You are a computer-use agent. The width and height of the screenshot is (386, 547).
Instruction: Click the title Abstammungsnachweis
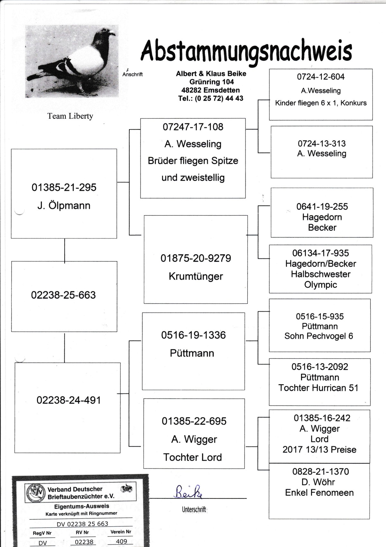pyautogui.click(x=246, y=51)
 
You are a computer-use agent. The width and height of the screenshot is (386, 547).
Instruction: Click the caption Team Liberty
pyautogui.click(x=70, y=116)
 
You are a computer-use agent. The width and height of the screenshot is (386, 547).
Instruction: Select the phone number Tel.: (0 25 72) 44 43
pyautogui.click(x=211, y=98)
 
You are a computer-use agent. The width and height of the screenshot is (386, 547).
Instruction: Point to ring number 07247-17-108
pyautogui.click(x=193, y=127)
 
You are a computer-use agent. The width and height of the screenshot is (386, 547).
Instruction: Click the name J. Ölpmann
pyautogui.click(x=64, y=206)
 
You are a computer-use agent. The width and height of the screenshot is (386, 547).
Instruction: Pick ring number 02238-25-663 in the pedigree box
pyautogui.click(x=63, y=295)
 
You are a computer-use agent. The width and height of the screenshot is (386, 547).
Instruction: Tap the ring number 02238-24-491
pyautogui.click(x=69, y=400)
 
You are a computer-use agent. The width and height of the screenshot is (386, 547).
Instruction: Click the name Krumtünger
pyautogui.click(x=196, y=276)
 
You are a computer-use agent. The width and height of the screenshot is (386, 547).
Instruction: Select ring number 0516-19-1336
pyautogui.click(x=193, y=335)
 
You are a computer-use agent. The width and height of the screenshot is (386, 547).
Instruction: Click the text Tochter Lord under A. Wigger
pyautogui.click(x=192, y=457)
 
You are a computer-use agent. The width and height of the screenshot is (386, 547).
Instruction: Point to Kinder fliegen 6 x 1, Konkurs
pyautogui.click(x=321, y=103)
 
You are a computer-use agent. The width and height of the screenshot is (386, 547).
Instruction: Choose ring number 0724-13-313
pyautogui.click(x=322, y=144)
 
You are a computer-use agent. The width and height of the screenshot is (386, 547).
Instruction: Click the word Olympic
pyautogui.click(x=320, y=285)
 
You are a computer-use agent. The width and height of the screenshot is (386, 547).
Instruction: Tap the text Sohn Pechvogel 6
pyautogui.click(x=318, y=336)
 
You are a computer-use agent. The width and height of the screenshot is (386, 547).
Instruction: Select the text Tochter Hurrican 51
pyautogui.click(x=318, y=388)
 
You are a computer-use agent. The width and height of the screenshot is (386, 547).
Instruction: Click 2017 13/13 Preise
pyautogui.click(x=319, y=450)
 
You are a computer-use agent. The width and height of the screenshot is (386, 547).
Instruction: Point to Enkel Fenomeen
pyautogui.click(x=319, y=493)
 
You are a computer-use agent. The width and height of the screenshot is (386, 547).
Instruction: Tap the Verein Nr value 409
pyautogui.click(x=122, y=541)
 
